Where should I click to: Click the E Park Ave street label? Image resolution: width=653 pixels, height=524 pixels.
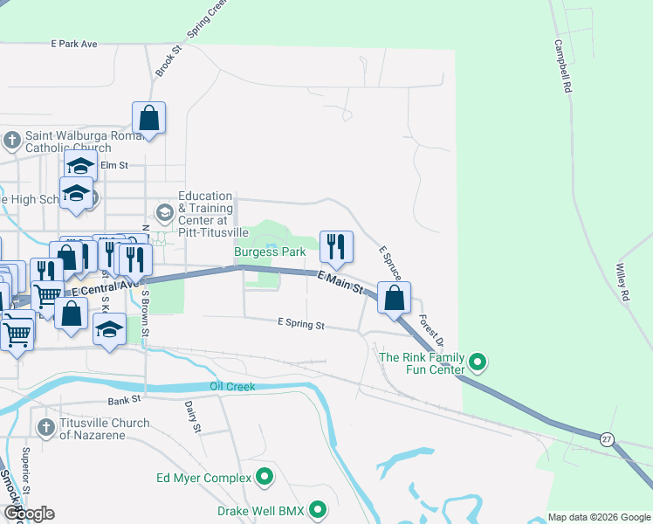point(74,43)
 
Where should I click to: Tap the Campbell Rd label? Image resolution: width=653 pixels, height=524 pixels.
point(563,65)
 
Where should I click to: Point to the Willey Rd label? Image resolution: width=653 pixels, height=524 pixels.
point(623,283)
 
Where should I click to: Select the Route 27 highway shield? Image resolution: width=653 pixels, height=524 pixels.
point(606,438)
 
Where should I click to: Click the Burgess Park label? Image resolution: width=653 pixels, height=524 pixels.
point(270,252)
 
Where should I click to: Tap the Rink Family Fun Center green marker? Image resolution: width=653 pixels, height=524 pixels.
point(477,361)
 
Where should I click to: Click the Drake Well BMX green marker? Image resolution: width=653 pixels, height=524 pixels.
point(318,509)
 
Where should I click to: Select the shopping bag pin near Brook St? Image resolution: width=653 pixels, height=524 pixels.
point(148,118)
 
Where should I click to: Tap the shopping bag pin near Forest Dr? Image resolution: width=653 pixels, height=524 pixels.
point(395,297)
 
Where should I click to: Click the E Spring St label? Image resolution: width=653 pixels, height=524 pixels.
point(300,325)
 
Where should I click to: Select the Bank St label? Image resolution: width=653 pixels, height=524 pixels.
point(124,401)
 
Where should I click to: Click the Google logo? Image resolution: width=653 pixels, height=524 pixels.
point(29,514)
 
